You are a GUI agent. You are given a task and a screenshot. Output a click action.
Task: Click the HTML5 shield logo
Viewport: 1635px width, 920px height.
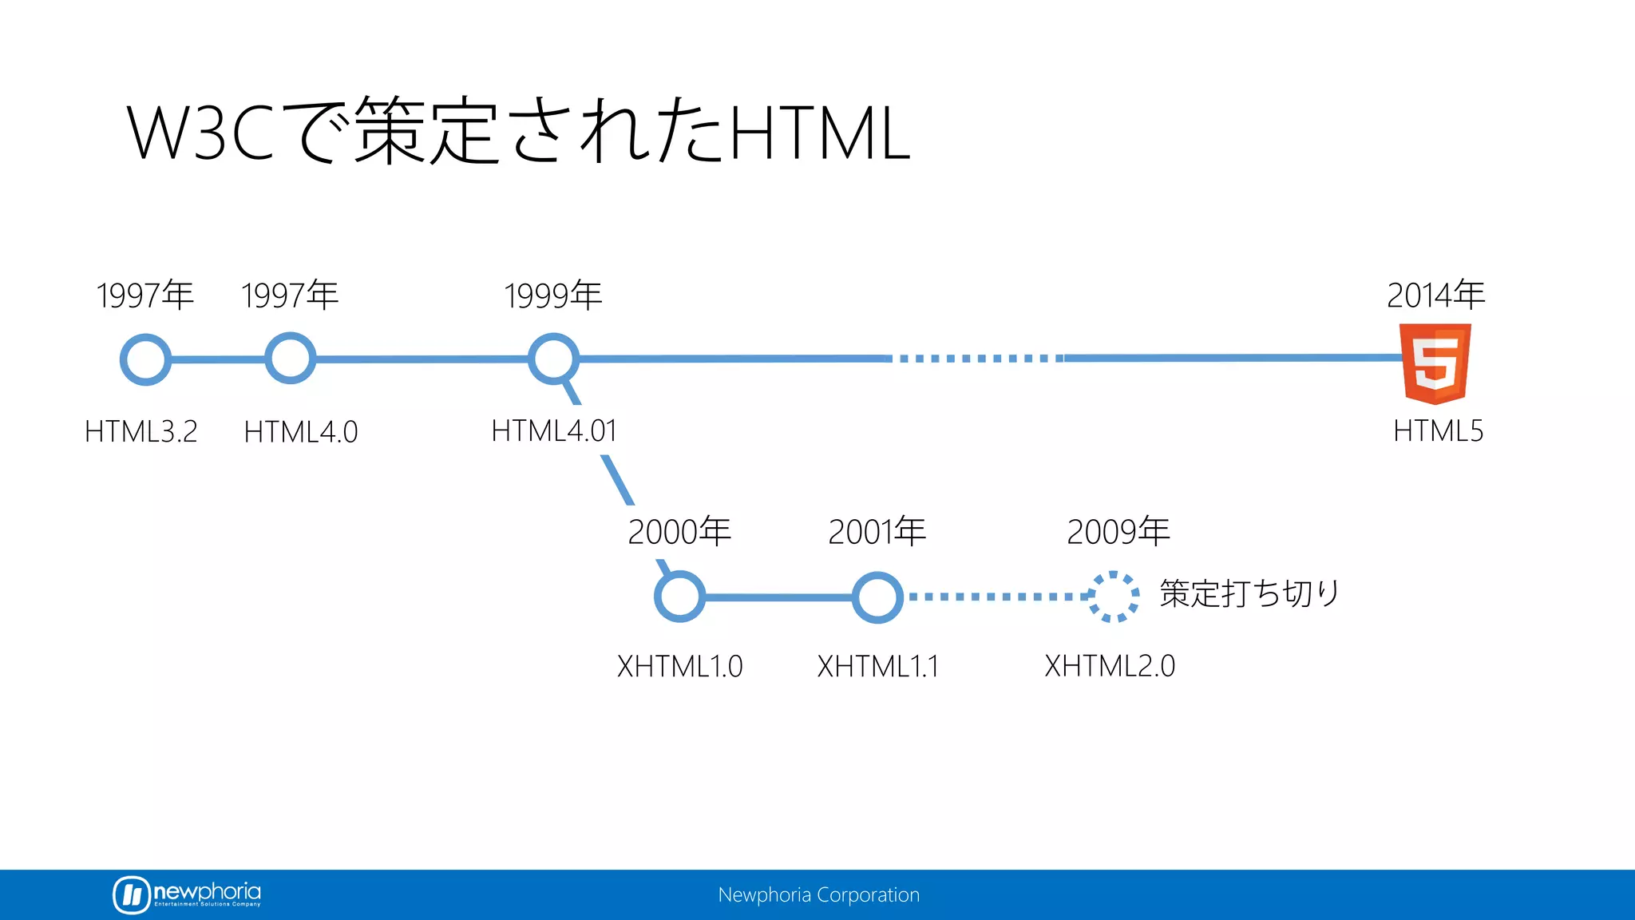1435,363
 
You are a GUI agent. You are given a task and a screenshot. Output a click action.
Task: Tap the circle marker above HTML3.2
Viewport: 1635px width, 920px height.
145,360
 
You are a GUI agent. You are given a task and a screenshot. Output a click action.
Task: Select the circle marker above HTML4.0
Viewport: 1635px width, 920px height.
290,359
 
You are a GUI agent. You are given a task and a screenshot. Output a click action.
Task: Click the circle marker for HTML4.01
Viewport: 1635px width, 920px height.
553,359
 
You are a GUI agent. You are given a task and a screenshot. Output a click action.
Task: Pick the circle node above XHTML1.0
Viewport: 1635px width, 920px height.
679,597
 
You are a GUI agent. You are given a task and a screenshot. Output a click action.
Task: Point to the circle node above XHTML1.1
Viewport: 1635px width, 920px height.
877,597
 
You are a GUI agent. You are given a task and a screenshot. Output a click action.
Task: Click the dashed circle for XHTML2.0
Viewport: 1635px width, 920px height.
1114,597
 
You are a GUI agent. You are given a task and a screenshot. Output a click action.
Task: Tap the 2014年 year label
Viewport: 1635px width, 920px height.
1435,295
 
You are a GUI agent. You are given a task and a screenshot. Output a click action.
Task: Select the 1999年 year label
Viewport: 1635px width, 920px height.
552,295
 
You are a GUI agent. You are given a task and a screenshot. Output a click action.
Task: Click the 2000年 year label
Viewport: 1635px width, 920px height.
679,532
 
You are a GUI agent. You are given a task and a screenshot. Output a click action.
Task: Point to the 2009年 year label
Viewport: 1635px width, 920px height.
1118,532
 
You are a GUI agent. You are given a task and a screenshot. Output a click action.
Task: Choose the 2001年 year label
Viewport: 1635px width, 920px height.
877,532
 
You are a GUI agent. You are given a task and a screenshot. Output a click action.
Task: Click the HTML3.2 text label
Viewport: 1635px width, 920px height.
141,431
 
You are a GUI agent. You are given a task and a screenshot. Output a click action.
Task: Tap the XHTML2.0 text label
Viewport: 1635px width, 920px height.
1110,665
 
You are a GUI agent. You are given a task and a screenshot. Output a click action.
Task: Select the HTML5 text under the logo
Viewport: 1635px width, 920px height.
1438,431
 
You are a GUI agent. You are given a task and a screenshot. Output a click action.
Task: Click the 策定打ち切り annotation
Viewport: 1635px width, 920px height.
1249,593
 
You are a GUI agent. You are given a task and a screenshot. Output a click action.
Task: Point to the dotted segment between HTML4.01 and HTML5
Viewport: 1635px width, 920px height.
977,359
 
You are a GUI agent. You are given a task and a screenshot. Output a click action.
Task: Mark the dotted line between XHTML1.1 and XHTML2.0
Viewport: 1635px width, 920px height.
998,597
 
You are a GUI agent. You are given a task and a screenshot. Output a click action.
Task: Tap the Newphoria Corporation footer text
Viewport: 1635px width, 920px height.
818,895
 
